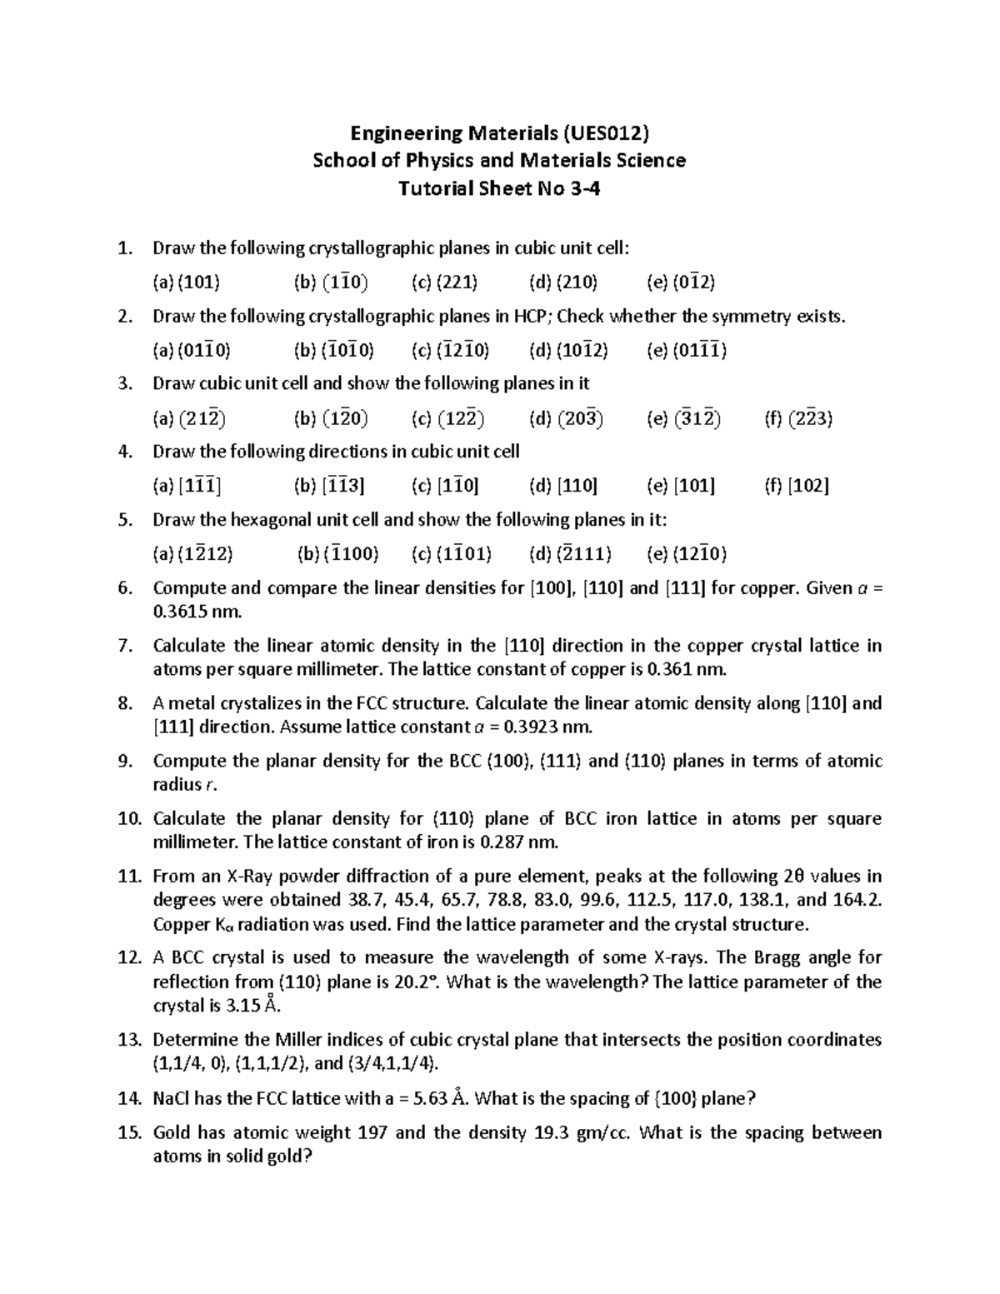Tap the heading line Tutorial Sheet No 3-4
tap(499, 188)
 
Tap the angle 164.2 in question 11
tap(857, 900)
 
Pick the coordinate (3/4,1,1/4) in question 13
tap(391, 1064)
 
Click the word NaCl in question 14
tap(172, 1098)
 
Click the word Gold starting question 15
tap(172, 1132)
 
